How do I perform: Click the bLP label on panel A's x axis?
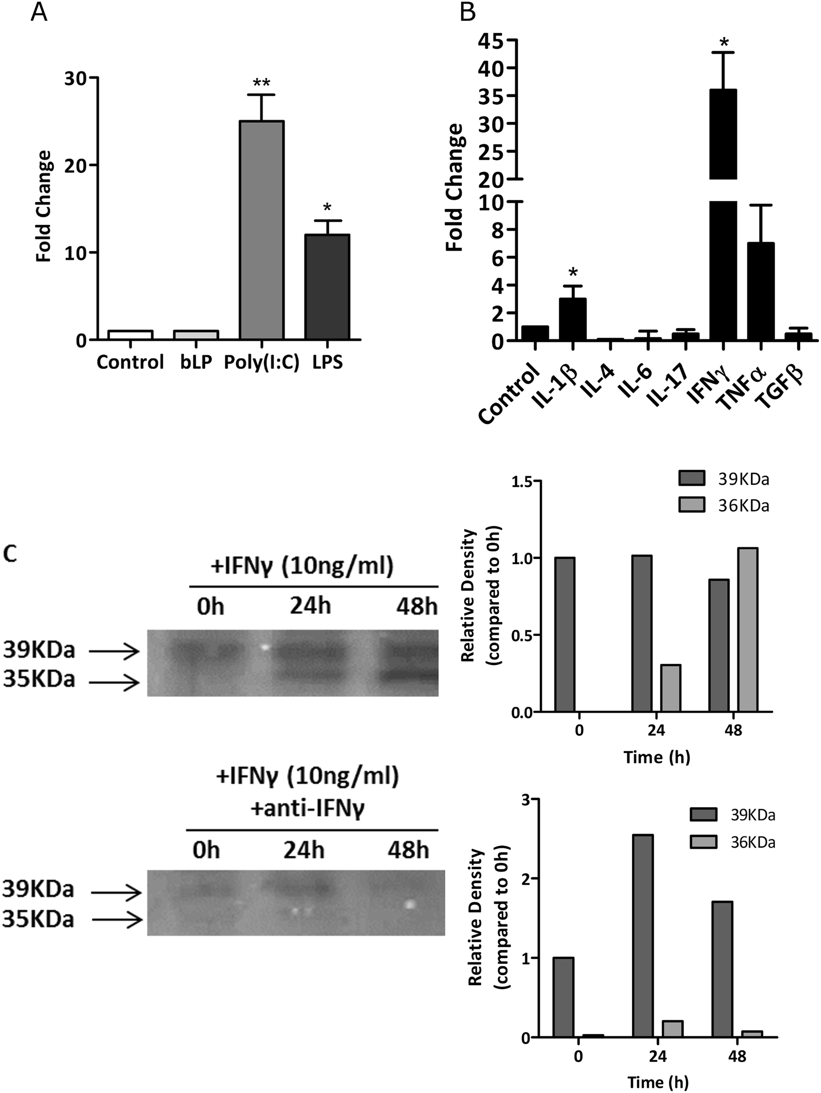point(196,362)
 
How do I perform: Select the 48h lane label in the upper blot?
point(416,607)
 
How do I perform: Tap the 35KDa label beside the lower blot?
point(38,919)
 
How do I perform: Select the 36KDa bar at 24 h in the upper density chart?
point(671,688)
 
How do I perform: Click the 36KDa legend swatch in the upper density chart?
point(692,506)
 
